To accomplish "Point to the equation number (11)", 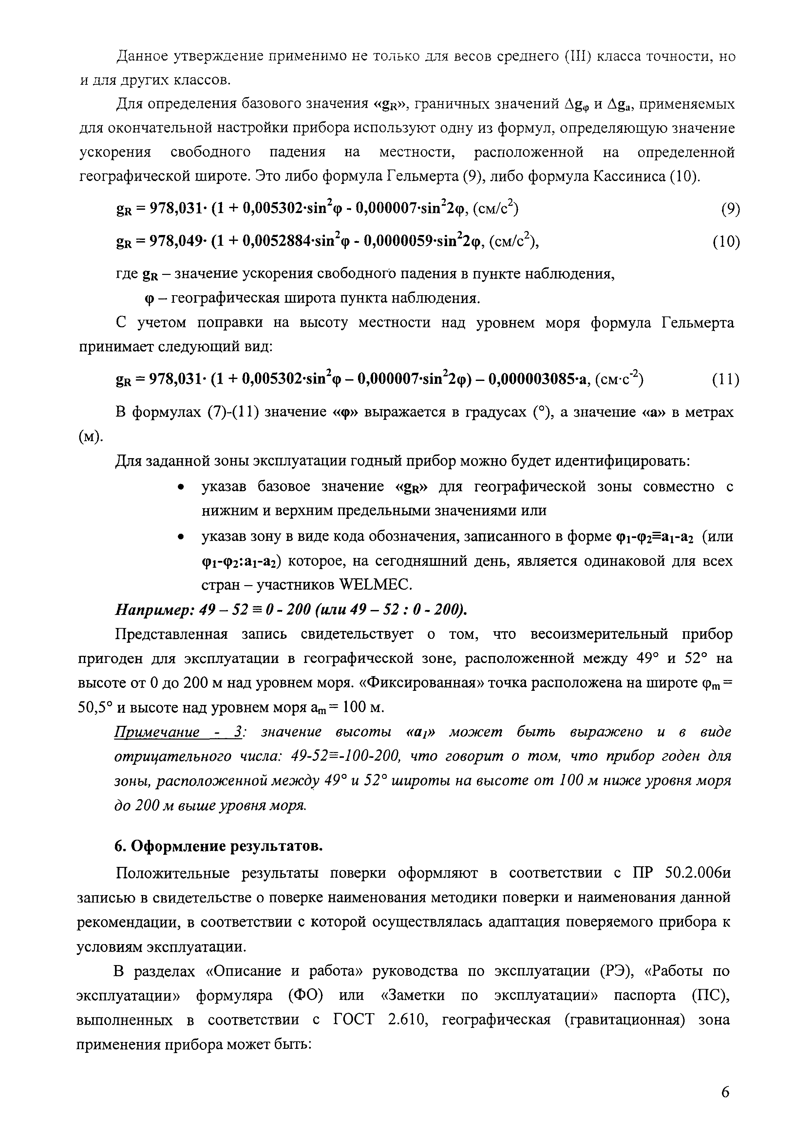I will pyautogui.click(x=726, y=380).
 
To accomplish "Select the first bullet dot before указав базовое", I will pyautogui.click(x=183, y=487).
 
